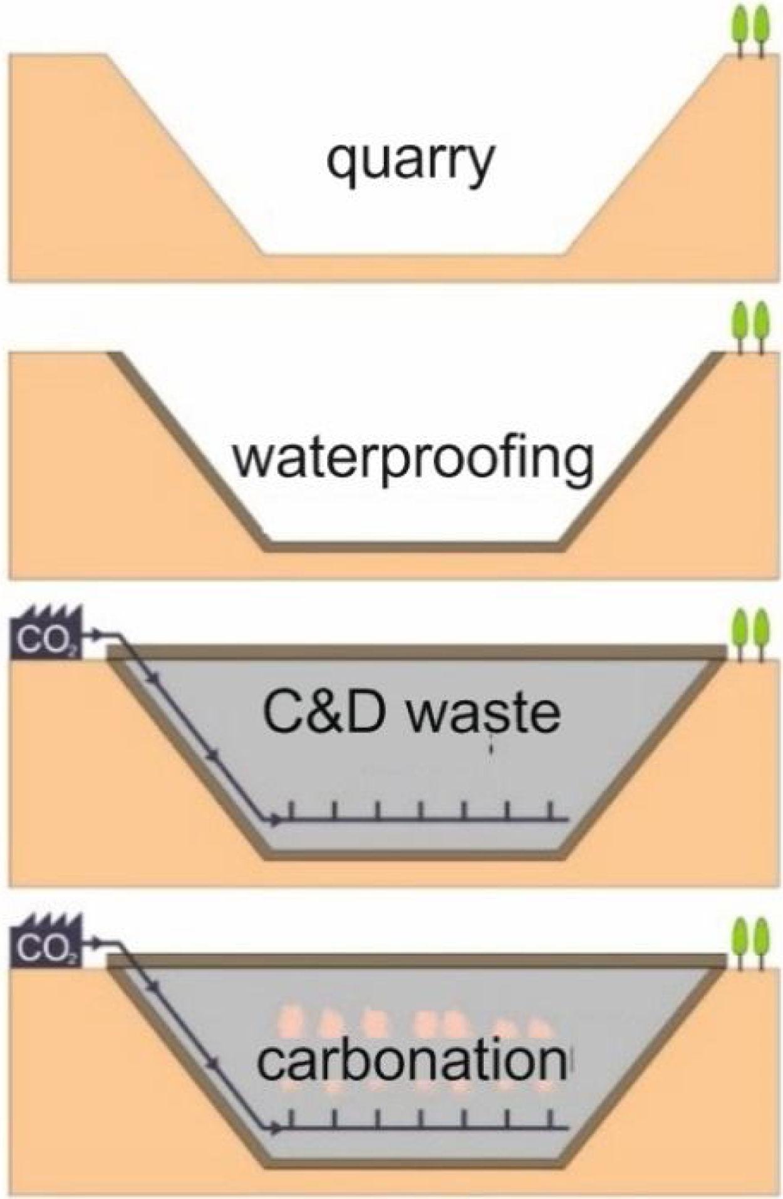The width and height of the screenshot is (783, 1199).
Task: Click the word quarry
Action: tap(411, 162)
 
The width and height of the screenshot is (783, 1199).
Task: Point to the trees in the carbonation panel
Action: tap(750, 943)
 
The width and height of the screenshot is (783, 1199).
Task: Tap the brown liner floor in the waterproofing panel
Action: tap(413, 547)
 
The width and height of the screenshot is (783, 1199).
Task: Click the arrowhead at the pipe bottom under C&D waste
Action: tap(275, 818)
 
